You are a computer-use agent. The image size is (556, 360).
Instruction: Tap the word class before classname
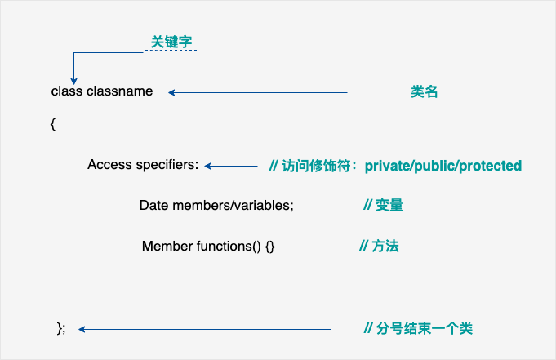(x=67, y=91)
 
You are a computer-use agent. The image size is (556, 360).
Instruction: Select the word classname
(x=119, y=91)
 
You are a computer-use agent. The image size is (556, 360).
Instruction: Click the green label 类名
(x=425, y=92)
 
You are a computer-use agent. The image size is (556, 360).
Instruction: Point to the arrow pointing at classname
(x=258, y=92)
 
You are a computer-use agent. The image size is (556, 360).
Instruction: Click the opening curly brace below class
(x=53, y=124)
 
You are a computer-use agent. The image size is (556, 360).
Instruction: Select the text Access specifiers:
(x=143, y=165)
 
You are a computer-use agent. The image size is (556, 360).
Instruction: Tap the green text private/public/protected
(x=443, y=166)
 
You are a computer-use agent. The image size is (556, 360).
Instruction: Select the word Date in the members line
(x=154, y=206)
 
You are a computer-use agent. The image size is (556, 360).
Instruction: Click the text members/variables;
(x=233, y=206)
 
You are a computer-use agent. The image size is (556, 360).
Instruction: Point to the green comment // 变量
(x=383, y=206)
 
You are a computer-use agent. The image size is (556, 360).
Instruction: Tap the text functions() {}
(x=236, y=246)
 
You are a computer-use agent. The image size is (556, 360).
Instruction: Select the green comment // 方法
(x=380, y=246)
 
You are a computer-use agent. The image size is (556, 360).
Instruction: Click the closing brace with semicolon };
(x=60, y=328)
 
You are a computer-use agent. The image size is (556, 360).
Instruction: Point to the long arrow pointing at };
(x=204, y=329)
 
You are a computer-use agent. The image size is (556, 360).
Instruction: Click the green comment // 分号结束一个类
(x=418, y=329)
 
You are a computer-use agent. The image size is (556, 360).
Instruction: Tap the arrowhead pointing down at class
(x=73, y=80)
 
